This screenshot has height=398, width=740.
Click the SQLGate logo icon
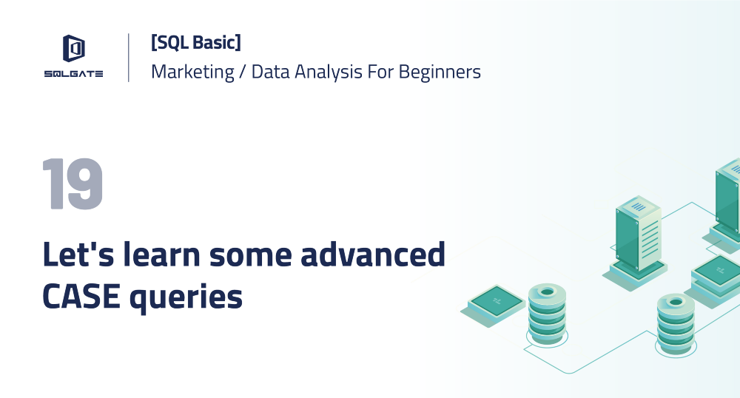73,49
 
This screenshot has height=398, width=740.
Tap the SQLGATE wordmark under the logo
73,74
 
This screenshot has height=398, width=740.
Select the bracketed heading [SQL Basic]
195,43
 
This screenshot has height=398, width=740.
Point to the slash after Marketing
243,72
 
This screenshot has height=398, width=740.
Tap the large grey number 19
72,184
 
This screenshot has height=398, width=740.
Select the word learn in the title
161,254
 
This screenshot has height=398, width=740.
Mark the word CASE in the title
80,296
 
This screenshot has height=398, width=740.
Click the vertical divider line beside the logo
129,57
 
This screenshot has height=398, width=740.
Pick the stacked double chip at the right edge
717,277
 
